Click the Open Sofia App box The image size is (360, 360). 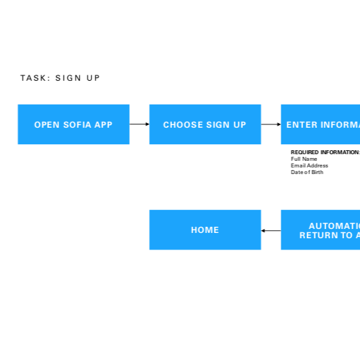click(x=73, y=124)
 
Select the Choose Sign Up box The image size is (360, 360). click(x=204, y=124)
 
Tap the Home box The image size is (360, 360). click(x=204, y=230)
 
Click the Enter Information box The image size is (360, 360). click(x=321, y=124)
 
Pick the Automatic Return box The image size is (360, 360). click(x=321, y=230)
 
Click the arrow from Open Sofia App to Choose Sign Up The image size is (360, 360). click(x=139, y=124)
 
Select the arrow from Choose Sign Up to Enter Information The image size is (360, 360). click(x=271, y=124)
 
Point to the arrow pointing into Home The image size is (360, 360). click(x=271, y=230)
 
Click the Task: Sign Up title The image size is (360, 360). click(x=60, y=78)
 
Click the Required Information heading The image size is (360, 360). click(x=325, y=152)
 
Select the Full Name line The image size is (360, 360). click(x=304, y=159)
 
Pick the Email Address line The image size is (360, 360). click(x=309, y=165)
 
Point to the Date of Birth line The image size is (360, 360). click(x=307, y=172)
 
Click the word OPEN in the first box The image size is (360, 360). click(x=47, y=124)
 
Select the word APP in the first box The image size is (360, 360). click(x=103, y=124)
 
